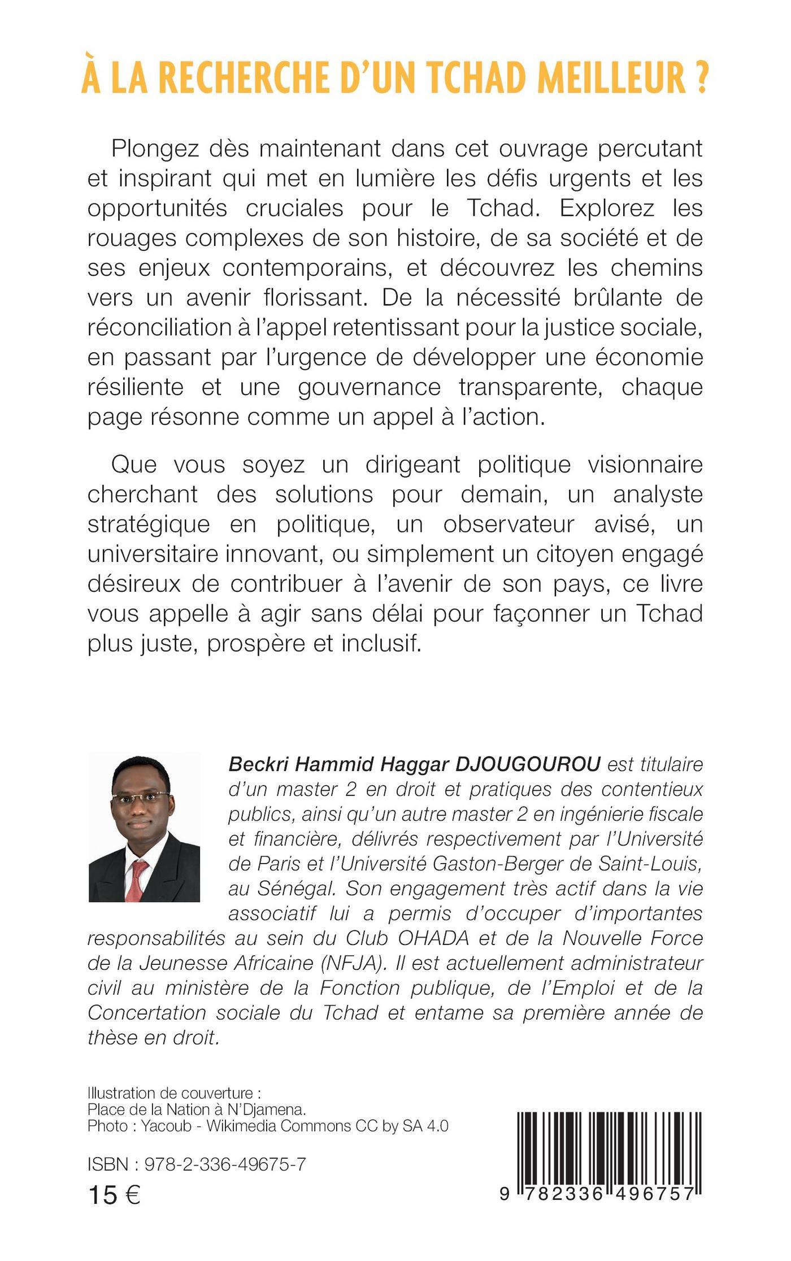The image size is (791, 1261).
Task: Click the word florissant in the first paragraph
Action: pos(315,298)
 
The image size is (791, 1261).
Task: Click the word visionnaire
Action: pos(645,465)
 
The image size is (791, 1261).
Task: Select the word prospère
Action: pos(255,644)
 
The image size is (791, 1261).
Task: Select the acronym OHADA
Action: pos(433,939)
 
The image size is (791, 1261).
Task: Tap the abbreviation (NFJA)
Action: pos(349,964)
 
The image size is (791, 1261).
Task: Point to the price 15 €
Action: pos(115,1195)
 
